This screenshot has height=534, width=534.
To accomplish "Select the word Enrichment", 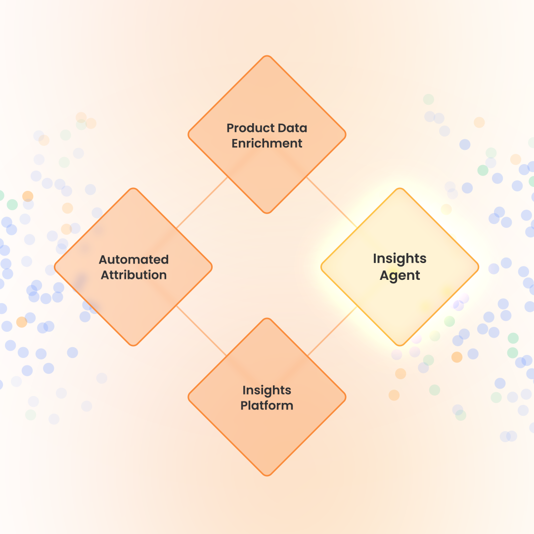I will click(267, 144).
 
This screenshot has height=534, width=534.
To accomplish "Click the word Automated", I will click(133, 260).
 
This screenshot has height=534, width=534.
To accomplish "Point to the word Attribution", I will click(133, 275).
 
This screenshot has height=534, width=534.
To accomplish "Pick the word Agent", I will click(400, 275).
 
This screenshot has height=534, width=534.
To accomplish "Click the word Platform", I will click(267, 406).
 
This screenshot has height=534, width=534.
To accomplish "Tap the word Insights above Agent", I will click(400, 259).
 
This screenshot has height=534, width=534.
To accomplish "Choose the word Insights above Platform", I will click(267, 390).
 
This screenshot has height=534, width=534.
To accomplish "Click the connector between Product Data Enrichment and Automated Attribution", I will click(202, 202).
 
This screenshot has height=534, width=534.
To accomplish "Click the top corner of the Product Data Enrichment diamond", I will click(267, 57).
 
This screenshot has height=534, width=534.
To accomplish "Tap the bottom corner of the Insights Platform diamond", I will click(267, 475).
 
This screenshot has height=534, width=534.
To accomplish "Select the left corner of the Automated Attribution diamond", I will click(56, 267).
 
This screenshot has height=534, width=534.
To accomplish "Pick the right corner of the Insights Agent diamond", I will click(477, 267).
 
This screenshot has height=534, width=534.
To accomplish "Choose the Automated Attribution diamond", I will click(133, 302).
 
